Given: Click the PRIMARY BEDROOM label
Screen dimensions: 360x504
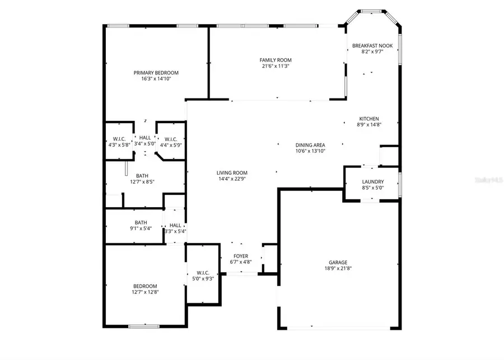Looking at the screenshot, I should tap(156, 73).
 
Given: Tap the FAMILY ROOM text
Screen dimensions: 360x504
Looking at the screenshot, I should tap(275, 60).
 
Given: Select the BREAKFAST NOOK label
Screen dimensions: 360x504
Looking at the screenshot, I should tap(372, 45).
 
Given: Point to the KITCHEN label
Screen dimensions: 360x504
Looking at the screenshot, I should tap(369, 119).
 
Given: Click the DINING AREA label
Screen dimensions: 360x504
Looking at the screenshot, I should tap(310, 145).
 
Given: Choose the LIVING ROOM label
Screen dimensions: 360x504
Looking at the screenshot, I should tap(232, 173).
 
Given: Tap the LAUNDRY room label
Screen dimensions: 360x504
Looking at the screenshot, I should tap(372, 181).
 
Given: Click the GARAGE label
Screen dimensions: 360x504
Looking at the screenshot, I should tap(338, 262).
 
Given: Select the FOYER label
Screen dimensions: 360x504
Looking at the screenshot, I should tap(241, 256).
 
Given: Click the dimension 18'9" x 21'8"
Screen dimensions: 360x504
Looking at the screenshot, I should tap(338, 268).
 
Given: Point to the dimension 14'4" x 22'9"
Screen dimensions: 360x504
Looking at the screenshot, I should tap(232, 179).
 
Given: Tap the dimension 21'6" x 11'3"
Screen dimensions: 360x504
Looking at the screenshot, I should tap(275, 66).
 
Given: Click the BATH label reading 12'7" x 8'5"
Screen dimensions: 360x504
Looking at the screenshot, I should tap(142, 175).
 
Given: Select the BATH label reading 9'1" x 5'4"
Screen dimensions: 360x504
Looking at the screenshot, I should tap(140, 222).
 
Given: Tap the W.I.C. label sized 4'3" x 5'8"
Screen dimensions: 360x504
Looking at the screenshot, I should tap(119, 139).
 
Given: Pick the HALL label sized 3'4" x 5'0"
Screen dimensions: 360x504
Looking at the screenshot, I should tap(145, 137).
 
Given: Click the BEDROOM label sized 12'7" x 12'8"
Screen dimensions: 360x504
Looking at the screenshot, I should tap(145, 286).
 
